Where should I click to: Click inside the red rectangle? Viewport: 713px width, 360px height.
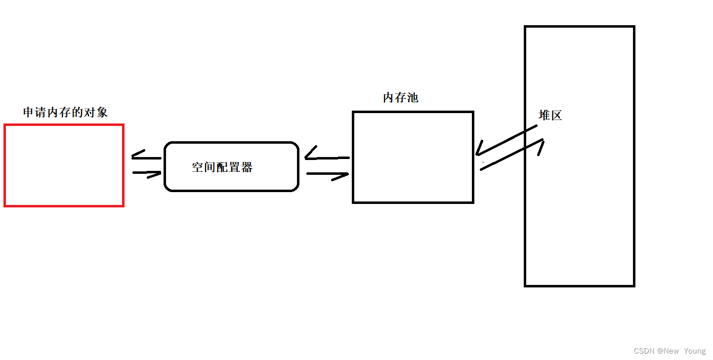click(64, 165)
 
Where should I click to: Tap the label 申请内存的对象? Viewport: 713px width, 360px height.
click(65, 113)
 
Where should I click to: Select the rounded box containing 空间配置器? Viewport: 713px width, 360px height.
click(231, 166)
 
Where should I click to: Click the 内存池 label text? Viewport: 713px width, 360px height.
click(400, 98)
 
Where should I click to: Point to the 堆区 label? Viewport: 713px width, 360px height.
click(550, 116)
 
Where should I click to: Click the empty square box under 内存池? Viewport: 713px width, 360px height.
click(413, 157)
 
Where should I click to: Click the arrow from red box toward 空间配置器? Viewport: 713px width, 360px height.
click(147, 173)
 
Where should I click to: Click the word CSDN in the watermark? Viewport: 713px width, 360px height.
click(644, 351)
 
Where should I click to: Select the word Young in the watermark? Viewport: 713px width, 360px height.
click(695, 351)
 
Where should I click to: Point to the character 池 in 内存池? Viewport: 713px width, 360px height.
click(413, 98)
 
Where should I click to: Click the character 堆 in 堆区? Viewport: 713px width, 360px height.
click(544, 116)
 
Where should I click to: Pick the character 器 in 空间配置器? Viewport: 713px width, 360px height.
click(247, 167)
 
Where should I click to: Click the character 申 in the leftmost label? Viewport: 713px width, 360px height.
click(29, 113)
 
